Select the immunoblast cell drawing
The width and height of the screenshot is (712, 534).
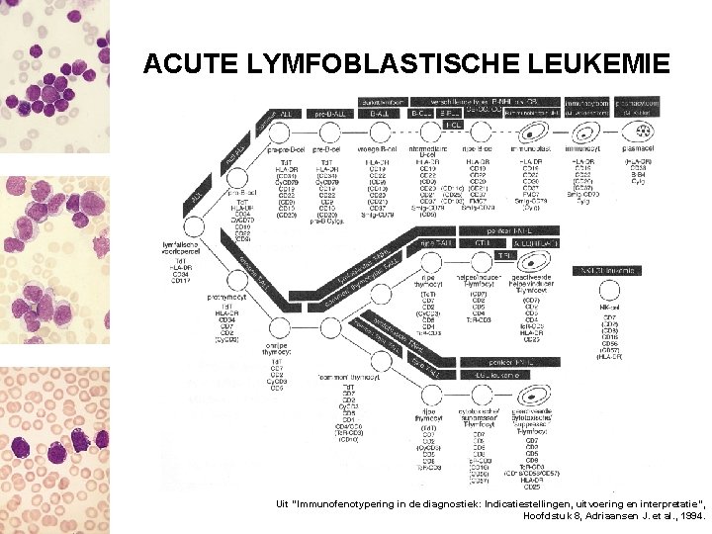coord(536,133)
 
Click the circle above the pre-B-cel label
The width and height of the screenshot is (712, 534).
coord(329,132)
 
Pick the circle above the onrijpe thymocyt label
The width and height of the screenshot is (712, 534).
coord(280,328)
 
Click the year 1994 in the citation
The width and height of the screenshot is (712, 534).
coord(688,515)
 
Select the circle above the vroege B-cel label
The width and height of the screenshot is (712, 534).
coord(380,132)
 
